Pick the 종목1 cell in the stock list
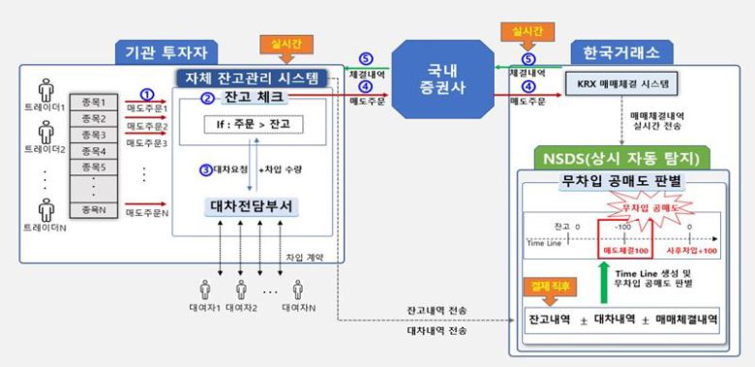pyautogui.click(x=93, y=101)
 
